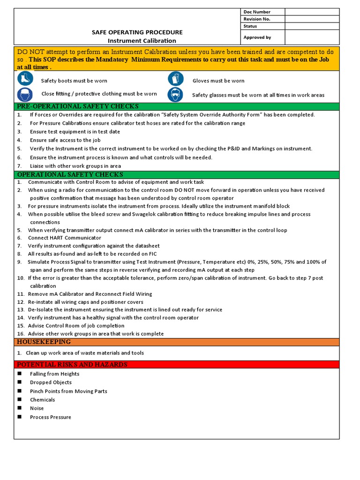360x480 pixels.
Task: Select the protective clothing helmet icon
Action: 24,94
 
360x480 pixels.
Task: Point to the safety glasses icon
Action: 175,94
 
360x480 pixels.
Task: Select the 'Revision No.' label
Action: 257,19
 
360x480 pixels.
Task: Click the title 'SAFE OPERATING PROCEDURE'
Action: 137,32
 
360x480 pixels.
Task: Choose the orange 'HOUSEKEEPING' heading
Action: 37,342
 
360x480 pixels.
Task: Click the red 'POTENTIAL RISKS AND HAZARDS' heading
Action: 72,365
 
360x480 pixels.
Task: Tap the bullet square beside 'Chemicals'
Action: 20,399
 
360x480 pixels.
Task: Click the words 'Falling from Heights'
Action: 54,374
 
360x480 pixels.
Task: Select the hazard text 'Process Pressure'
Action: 51,417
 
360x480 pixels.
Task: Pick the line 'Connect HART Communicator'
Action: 64,238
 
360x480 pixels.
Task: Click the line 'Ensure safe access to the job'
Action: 65,140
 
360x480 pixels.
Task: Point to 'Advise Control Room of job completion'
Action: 76,326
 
